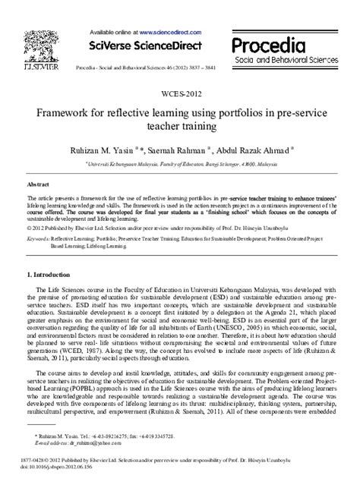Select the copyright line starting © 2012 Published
pos(152,227)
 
